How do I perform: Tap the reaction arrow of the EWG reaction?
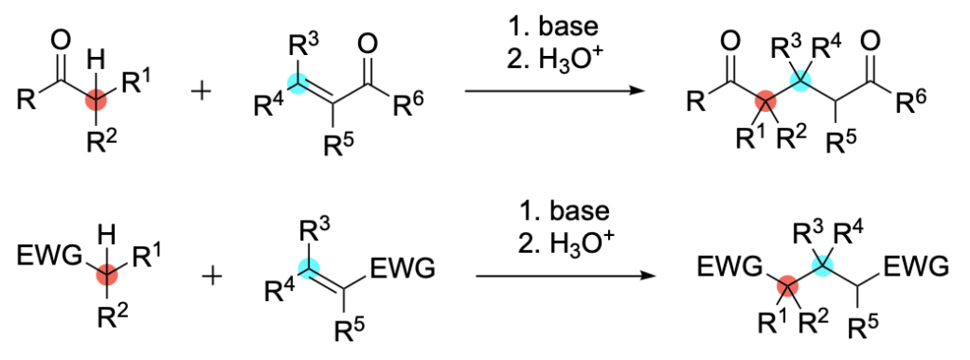click(x=565, y=276)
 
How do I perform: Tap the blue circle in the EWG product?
click(x=825, y=267)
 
